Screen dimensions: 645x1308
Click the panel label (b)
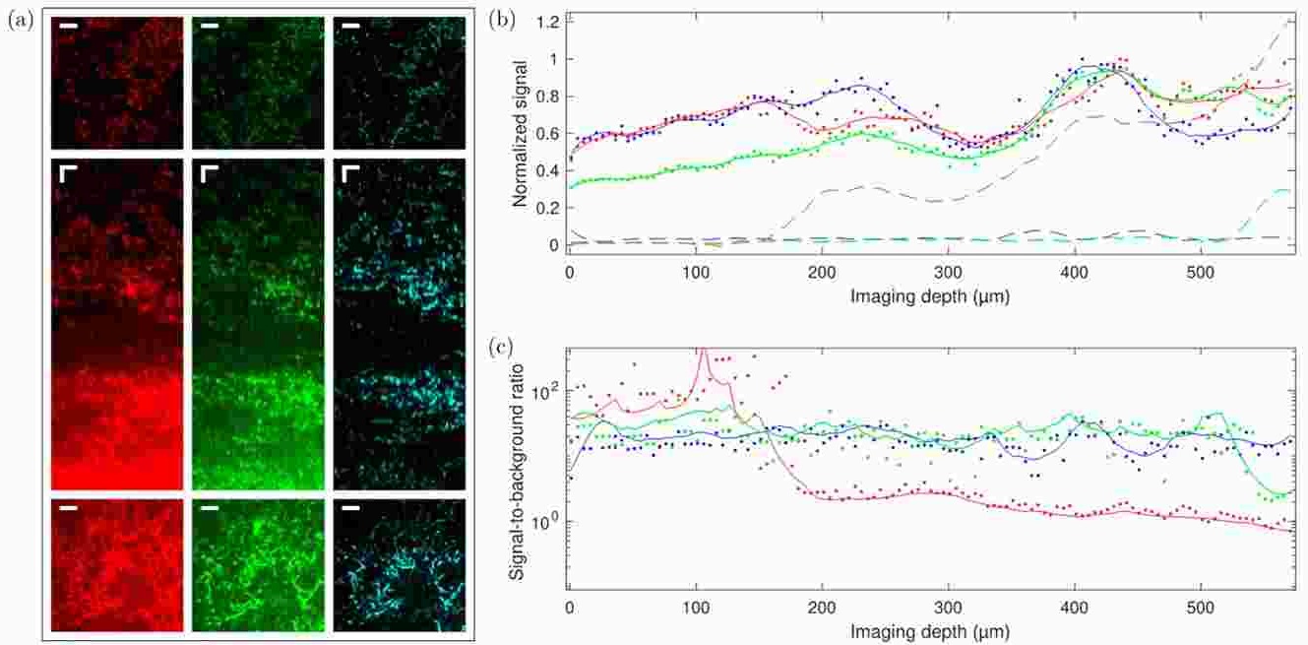pos(501,20)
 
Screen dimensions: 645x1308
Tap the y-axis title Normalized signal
pos(521,133)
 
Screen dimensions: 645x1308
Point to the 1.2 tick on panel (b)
pos(549,22)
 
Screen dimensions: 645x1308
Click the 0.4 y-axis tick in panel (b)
pos(549,170)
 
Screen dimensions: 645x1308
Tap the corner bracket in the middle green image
pos(208,173)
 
